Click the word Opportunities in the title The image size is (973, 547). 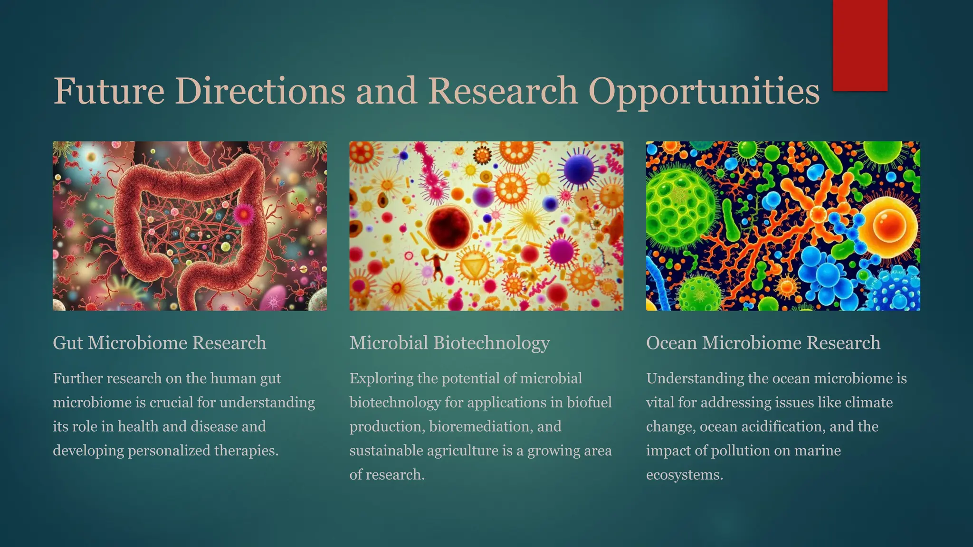pyautogui.click(x=704, y=91)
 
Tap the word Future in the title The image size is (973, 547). pyautogui.click(x=109, y=91)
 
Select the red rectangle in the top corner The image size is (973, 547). pyautogui.click(x=860, y=45)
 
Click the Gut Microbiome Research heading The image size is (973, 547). pyautogui.click(x=159, y=343)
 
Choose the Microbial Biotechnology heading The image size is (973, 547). pyautogui.click(x=449, y=343)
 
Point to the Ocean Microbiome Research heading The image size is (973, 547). pyautogui.click(x=763, y=343)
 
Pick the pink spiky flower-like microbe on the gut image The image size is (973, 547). pyautogui.click(x=244, y=214)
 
